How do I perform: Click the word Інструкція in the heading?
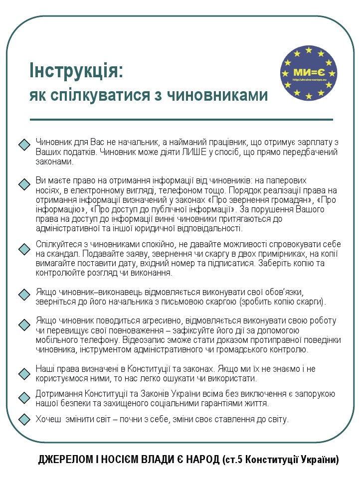pos(76,70)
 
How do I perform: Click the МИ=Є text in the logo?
pos(309,73)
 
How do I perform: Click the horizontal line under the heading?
pos(181,120)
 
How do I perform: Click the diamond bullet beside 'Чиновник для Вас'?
pos(24,145)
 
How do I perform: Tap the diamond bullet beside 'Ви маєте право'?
pos(24,184)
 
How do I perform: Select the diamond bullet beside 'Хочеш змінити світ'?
pos(24,419)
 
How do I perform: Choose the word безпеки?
pos(81,403)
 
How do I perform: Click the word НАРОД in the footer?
pos(200,459)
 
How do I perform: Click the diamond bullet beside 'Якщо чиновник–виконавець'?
pos(24,294)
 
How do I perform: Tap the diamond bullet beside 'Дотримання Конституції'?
pos(24,397)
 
